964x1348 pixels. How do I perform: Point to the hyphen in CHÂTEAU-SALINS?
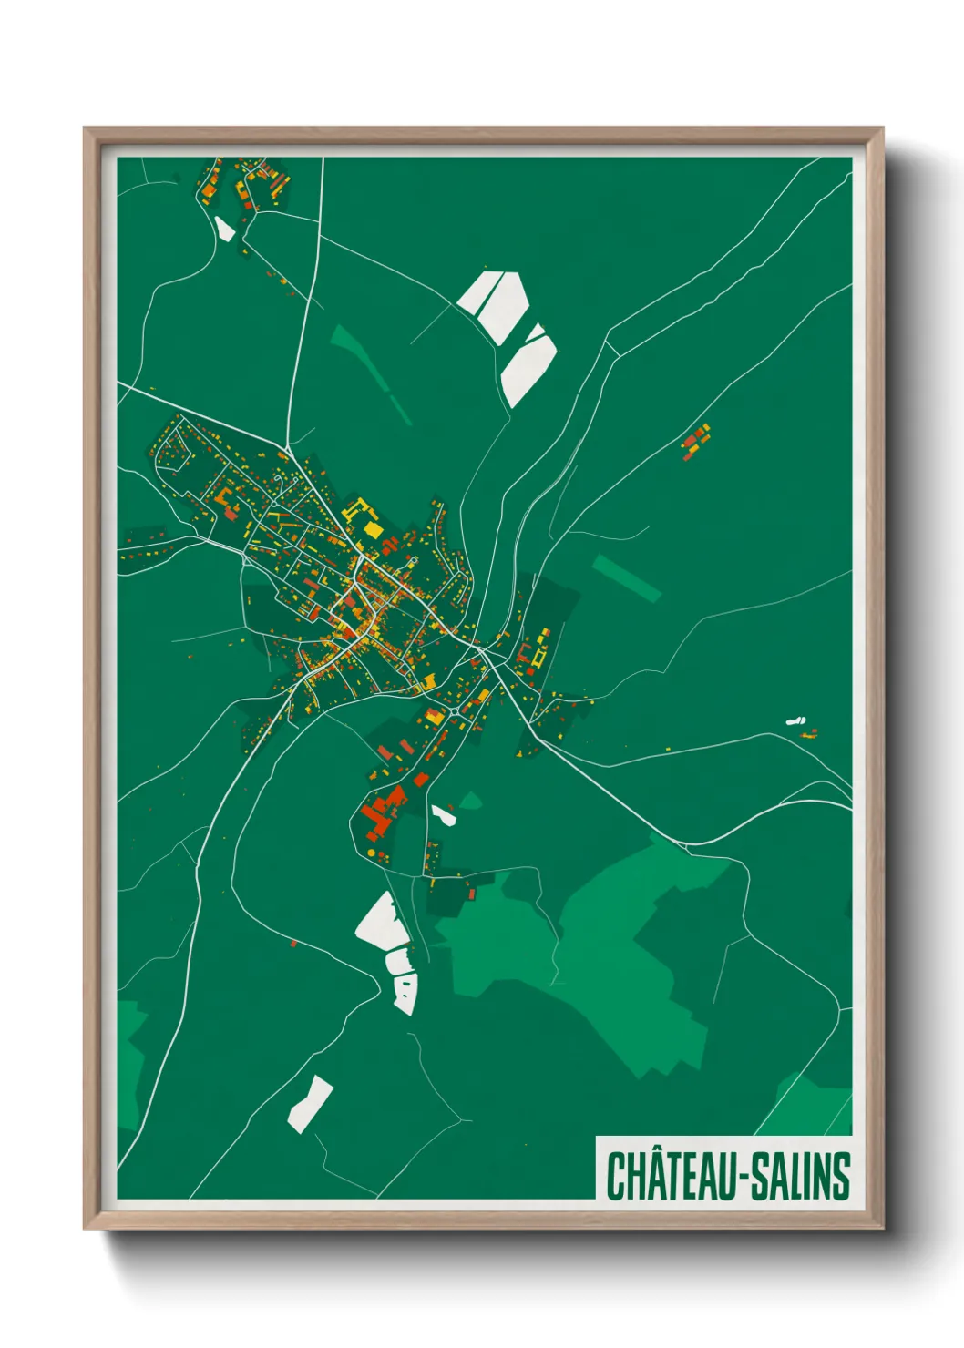click(x=749, y=1179)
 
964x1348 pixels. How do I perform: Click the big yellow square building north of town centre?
click(x=372, y=529)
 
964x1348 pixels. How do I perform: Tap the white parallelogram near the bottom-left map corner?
click(x=310, y=1103)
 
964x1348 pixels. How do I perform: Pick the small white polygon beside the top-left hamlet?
click(x=224, y=228)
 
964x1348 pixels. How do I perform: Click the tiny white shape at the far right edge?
click(x=795, y=721)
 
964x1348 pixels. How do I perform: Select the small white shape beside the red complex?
click(x=444, y=814)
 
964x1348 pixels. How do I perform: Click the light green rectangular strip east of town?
click(x=626, y=577)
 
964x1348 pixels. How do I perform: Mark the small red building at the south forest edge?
click(x=471, y=894)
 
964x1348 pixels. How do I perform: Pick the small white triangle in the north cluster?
click(x=536, y=332)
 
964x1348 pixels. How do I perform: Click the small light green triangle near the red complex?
click(x=470, y=801)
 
